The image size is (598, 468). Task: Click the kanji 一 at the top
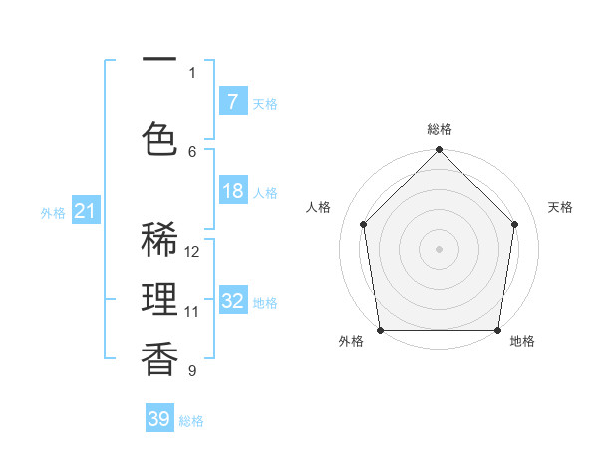(x=159, y=60)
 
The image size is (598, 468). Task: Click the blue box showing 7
(x=232, y=101)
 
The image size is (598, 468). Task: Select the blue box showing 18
(x=232, y=191)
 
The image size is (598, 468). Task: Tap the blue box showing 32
(x=232, y=301)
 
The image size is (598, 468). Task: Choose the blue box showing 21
(x=86, y=211)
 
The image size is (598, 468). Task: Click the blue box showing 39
(x=158, y=419)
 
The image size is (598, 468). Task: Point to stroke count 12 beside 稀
(x=192, y=252)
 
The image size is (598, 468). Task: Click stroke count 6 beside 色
(x=192, y=151)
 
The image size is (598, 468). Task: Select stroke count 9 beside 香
(x=192, y=371)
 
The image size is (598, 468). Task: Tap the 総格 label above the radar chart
(x=439, y=129)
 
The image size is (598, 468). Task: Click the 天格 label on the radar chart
(x=560, y=207)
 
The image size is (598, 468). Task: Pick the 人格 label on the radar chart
(x=318, y=207)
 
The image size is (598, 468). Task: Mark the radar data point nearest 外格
(x=381, y=329)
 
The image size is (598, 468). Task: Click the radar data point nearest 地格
(x=497, y=329)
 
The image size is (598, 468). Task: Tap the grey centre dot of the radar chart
(x=439, y=248)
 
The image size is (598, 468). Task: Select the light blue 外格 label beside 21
(x=52, y=212)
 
